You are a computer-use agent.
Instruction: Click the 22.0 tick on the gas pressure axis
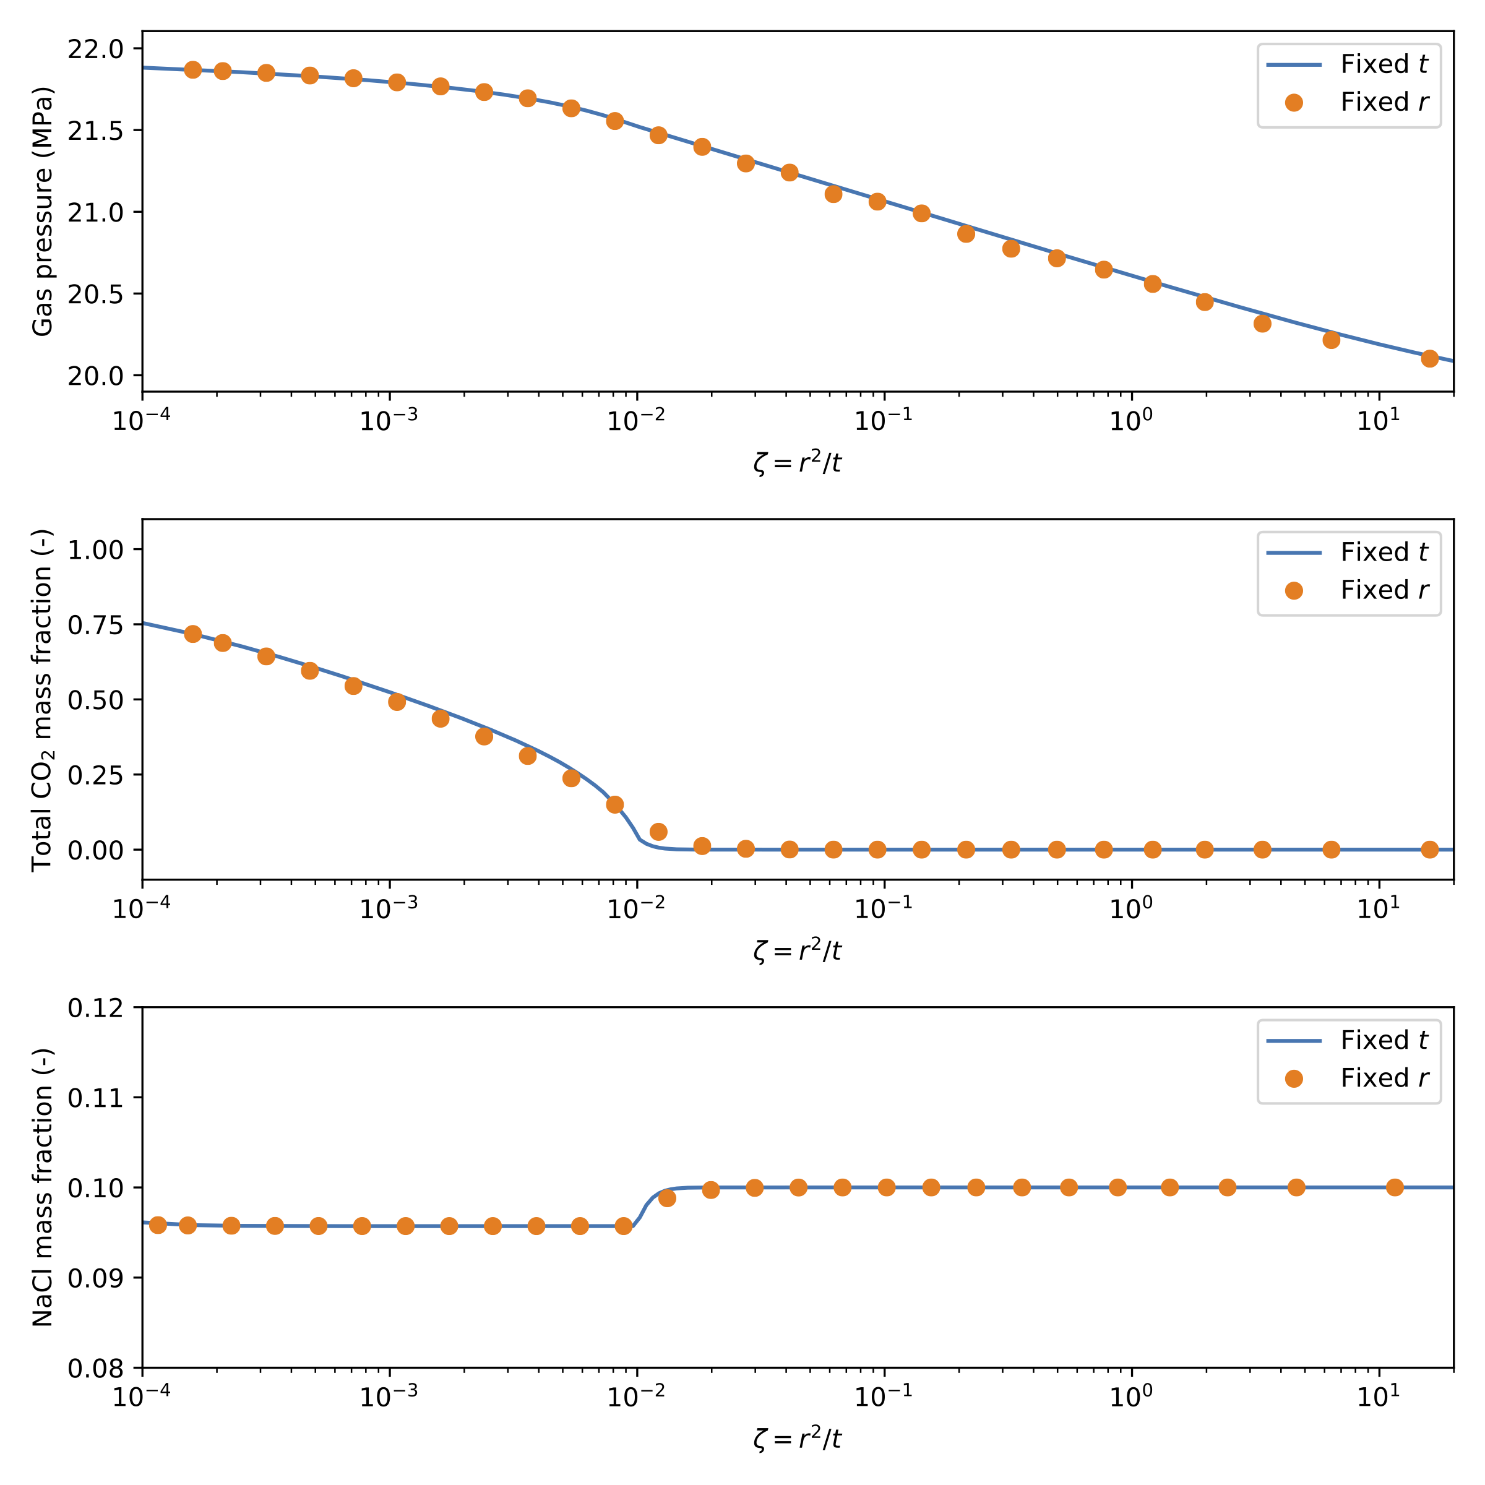pos(95,49)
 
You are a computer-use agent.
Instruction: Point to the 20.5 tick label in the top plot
pos(95,295)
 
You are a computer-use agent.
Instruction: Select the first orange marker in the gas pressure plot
pos(193,70)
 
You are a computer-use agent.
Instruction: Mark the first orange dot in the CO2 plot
pos(193,634)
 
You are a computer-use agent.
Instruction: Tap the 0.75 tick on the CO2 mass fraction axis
pos(95,625)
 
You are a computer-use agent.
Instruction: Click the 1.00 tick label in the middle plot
pos(95,549)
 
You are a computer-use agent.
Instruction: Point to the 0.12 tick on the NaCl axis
pos(95,1008)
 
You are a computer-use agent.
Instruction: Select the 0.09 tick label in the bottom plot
pos(95,1278)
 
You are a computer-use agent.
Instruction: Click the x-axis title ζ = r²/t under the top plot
pos(797,463)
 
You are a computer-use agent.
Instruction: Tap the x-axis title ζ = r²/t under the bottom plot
pos(797,1438)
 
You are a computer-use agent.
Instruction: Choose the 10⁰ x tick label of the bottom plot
pos(1130,1397)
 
